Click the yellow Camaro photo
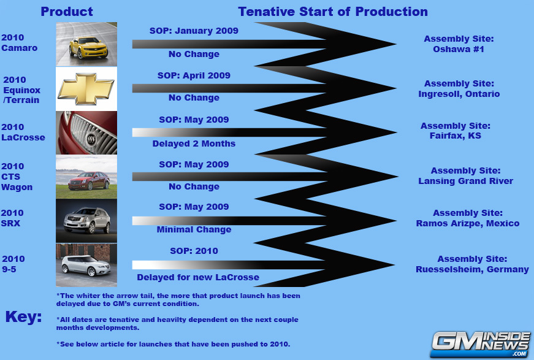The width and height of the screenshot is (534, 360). click(86, 44)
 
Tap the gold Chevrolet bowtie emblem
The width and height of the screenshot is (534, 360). click(86, 89)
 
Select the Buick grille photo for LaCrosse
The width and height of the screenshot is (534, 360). click(86, 133)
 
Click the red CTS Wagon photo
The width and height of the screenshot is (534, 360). click(86, 177)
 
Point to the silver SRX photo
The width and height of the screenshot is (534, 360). click(86, 221)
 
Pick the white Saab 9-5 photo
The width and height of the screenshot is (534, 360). click(86, 265)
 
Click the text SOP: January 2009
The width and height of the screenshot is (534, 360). click(194, 31)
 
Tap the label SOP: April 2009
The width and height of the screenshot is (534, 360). click(194, 75)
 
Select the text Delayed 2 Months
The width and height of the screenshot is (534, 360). click(194, 144)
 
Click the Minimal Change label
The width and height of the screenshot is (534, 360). click(194, 229)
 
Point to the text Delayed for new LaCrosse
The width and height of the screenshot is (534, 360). click(198, 277)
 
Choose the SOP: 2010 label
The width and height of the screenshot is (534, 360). click(194, 251)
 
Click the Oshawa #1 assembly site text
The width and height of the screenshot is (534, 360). click(459, 49)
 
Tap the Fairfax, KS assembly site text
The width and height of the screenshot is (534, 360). click(456, 136)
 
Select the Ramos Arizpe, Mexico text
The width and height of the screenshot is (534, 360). click(468, 223)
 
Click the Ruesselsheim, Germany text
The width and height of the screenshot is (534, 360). click(472, 269)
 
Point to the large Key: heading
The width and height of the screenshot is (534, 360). click(23, 316)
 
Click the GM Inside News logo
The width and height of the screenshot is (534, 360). click(480, 344)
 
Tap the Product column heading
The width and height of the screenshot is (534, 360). click(67, 12)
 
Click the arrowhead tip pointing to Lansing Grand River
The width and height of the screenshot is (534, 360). click(397, 177)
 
